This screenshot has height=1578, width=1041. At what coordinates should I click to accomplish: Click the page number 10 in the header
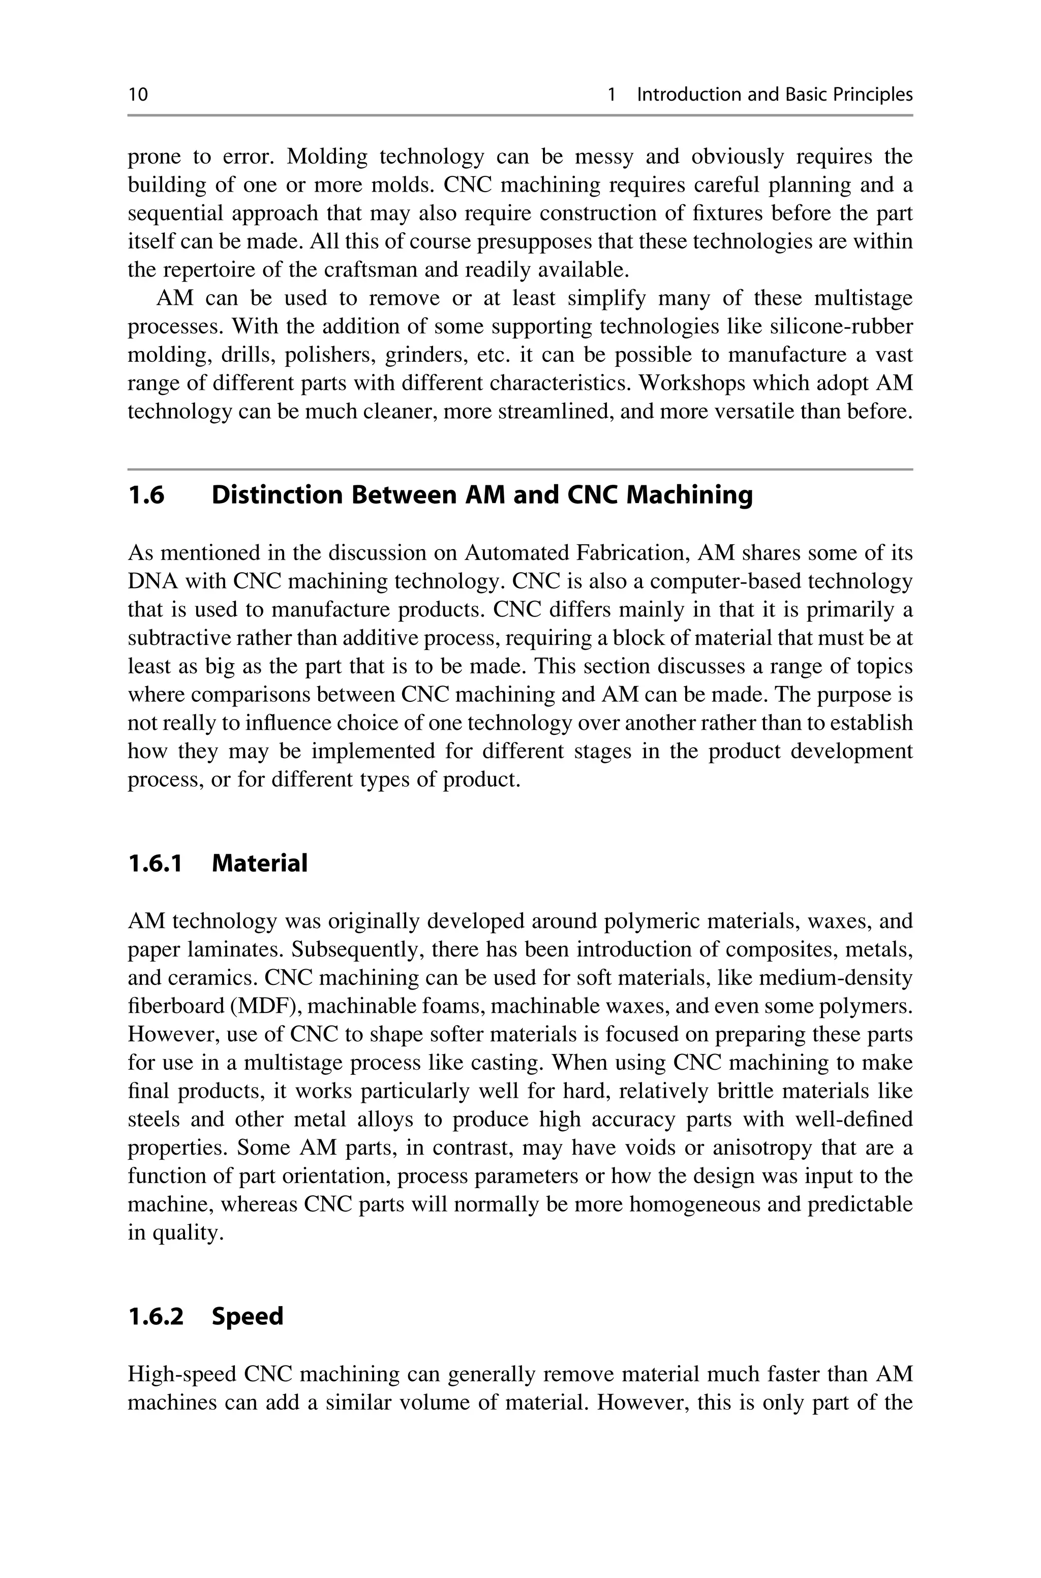pyautogui.click(x=138, y=95)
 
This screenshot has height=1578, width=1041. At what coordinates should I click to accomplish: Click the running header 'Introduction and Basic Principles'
pyautogui.click(x=774, y=95)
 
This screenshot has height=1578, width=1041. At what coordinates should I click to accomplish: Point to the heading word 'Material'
pyautogui.click(x=260, y=863)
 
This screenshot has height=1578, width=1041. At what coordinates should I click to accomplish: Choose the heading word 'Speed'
pyautogui.click(x=248, y=1316)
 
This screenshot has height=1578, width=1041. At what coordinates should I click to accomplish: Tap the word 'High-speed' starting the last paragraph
pyautogui.click(x=182, y=1374)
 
